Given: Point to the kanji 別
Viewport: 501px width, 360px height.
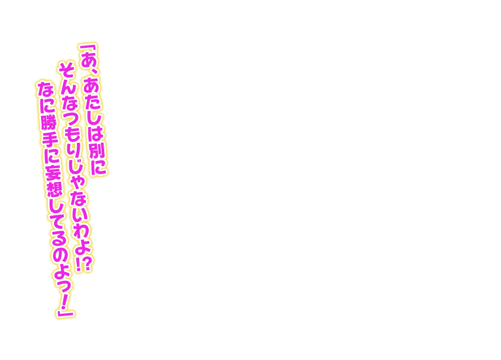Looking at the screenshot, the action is tap(97, 149).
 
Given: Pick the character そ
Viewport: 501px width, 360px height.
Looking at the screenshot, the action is tap(66, 69).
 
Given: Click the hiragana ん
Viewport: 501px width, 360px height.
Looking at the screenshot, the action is tap(68, 87).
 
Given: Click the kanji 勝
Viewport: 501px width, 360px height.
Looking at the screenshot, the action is tap(48, 122).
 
